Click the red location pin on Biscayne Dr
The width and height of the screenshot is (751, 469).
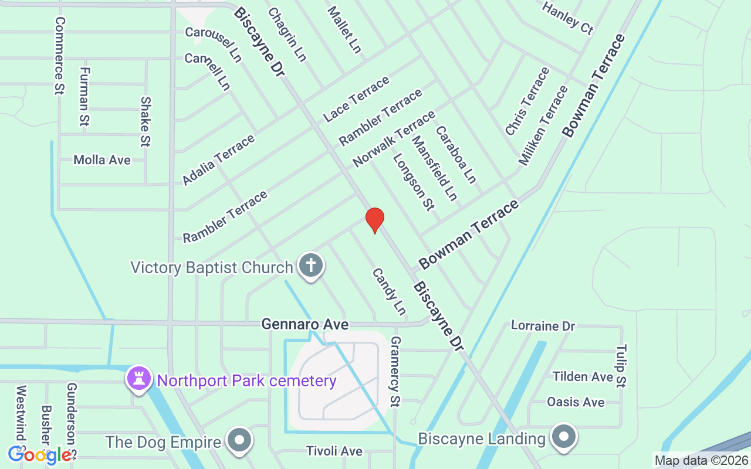pyautogui.click(x=374, y=220)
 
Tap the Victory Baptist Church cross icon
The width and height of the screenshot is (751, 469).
pyautogui.click(x=311, y=266)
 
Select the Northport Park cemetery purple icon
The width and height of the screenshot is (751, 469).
pyautogui.click(x=139, y=379)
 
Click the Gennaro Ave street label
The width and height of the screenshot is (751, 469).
pyautogui.click(x=305, y=324)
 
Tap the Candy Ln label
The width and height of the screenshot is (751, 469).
pyautogui.click(x=389, y=291)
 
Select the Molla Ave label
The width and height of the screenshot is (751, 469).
pyautogui.click(x=102, y=160)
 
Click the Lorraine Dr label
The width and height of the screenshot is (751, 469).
pyautogui.click(x=543, y=325)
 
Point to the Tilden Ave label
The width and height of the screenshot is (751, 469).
pyautogui.click(x=583, y=376)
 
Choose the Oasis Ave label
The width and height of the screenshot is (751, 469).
pyautogui.click(x=576, y=402)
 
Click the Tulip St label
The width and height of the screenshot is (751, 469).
pyautogui.click(x=621, y=366)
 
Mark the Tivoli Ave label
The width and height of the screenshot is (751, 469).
pyautogui.click(x=334, y=451)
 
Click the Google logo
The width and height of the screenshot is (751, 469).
pyautogui.click(x=40, y=455)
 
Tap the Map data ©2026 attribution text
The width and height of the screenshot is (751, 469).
pyautogui.click(x=702, y=461)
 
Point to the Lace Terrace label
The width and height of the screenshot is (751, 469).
pyautogui.click(x=356, y=100)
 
